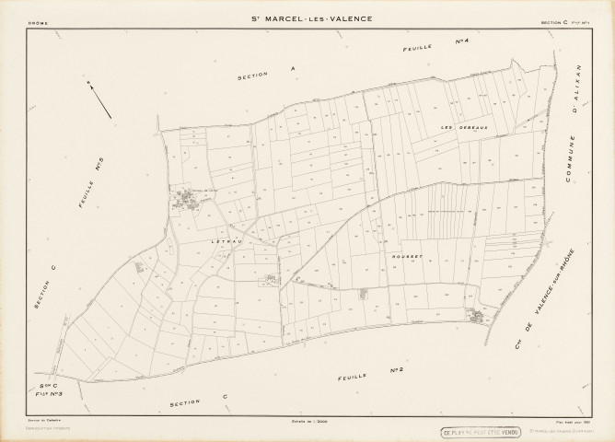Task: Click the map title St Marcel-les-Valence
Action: [x=307, y=19]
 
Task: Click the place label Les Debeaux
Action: [x=456, y=127]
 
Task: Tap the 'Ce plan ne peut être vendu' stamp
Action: [x=481, y=431]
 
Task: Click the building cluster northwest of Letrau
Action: [x=189, y=197]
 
